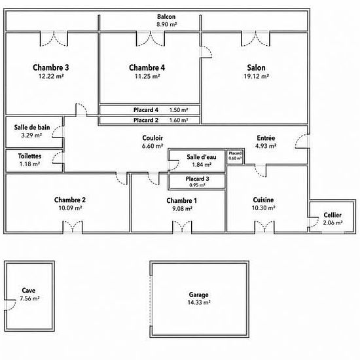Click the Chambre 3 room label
pyautogui.click(x=51, y=67)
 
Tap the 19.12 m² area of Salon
pyautogui.click(x=256, y=76)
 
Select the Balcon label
pyautogui.click(x=166, y=17)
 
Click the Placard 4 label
pyautogui.click(x=146, y=110)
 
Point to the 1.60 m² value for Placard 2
pyautogui.click(x=179, y=120)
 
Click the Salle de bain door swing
pyautogui.click(x=58, y=132)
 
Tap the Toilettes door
pyautogui.click(x=58, y=158)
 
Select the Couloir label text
pyautogui.click(x=153, y=138)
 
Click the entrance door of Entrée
pyautogui.click(x=302, y=141)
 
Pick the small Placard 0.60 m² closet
pyautogui.click(x=236, y=157)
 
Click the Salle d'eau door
pyautogui.click(x=174, y=165)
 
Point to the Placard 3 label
pyautogui.click(x=198, y=179)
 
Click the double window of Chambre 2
pyautogui.click(x=73, y=227)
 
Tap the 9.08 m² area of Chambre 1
pyautogui.click(x=183, y=209)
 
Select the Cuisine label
pyautogui.click(x=263, y=200)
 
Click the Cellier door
pyautogui.click(x=314, y=222)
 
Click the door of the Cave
pyautogui.click(x=10, y=305)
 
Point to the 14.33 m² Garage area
pyautogui.click(x=199, y=302)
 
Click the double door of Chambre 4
pyautogui.click(x=151, y=39)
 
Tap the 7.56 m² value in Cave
pyautogui.click(x=29, y=298)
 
